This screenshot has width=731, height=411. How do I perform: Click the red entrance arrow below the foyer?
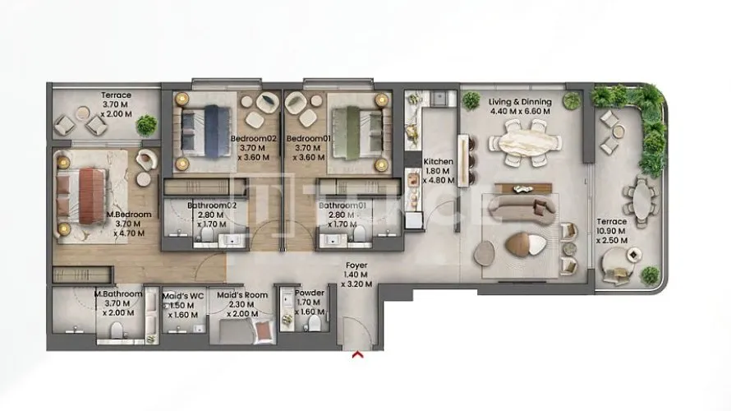point(357,355)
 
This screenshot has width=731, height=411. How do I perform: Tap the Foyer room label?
point(356,266)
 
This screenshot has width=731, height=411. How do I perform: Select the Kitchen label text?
point(439,161)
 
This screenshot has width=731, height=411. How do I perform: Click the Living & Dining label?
point(520,102)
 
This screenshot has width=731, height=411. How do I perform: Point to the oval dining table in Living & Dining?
point(525,142)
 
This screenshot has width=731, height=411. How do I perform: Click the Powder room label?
point(310,293)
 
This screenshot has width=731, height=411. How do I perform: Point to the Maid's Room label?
point(242,295)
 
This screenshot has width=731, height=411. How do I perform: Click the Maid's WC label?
point(182,296)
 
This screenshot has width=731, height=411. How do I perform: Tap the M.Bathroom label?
point(118,294)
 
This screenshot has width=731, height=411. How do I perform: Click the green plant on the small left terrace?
point(147,125)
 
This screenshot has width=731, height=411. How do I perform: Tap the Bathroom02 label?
point(212,205)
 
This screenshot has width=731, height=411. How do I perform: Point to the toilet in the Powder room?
point(315,323)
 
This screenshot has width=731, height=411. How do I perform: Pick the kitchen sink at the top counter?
point(439,98)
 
